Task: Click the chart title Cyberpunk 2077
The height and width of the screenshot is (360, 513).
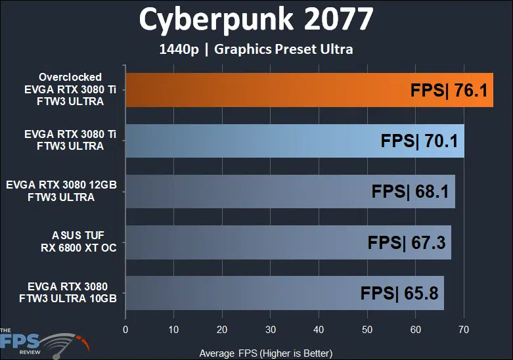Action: tap(256, 21)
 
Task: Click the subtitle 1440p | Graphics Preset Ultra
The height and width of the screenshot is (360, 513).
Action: tap(256, 49)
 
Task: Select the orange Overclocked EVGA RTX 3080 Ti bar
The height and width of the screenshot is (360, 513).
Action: tap(263, 90)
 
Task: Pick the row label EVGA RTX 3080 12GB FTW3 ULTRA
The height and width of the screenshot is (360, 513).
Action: tap(61, 191)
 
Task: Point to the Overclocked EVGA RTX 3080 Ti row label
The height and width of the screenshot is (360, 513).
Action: tap(70, 89)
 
